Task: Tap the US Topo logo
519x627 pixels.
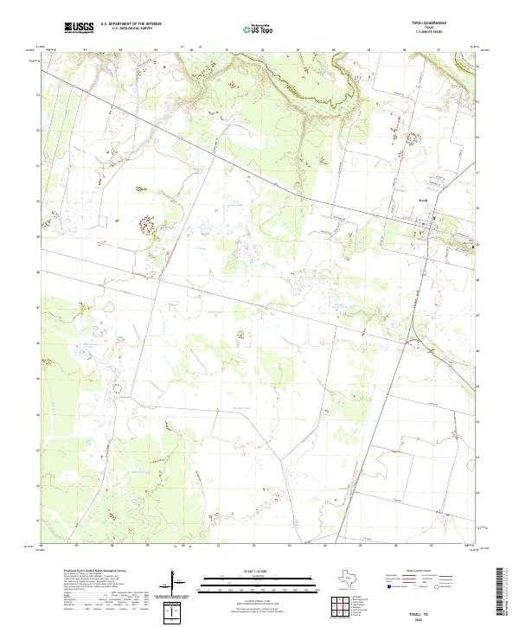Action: tap(253, 29)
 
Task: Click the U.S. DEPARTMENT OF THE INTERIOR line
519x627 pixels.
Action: tap(131, 24)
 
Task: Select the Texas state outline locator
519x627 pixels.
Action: tap(356, 579)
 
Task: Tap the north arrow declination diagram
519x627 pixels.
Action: tap(176, 583)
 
